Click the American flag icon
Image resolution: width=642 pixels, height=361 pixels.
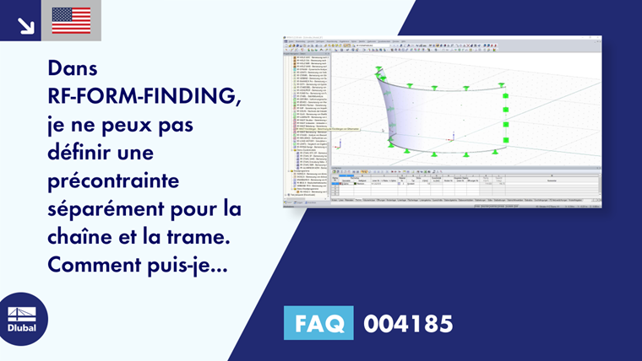pos(71,20)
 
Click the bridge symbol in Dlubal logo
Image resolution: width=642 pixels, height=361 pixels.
pos(22,313)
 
